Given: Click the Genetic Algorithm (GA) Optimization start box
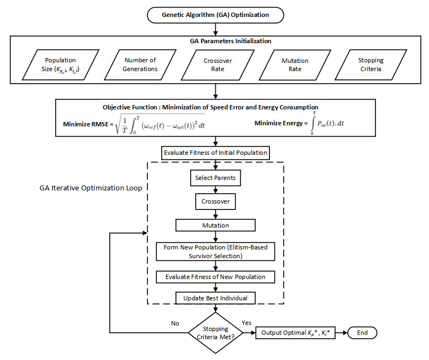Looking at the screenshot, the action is click(215, 15).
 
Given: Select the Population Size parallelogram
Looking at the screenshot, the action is click(61, 65).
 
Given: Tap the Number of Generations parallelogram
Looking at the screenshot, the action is click(140, 65).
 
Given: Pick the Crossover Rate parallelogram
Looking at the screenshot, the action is click(218, 65).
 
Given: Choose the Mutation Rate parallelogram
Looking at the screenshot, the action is click(295, 65).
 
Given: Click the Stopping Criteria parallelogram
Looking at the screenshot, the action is click(371, 65).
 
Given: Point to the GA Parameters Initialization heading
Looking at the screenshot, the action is click(231, 41).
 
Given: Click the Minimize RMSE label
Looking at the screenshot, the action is click(88, 124).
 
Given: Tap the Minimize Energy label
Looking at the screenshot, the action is click(281, 123).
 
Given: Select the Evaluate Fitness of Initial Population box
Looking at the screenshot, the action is click(216, 153).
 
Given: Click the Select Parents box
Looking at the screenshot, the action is click(215, 178).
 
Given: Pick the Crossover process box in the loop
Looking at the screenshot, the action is click(215, 201).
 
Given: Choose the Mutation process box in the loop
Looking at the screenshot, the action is click(215, 225).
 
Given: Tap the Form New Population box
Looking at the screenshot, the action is click(215, 252).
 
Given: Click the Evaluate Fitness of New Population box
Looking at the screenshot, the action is click(215, 277).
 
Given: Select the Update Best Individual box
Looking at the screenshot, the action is click(215, 298).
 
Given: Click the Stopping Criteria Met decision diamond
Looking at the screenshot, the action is click(215, 333).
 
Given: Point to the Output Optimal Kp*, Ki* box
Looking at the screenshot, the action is click(295, 333).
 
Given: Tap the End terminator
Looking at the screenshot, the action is click(362, 333).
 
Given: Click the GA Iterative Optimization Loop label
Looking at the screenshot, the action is click(91, 188).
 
